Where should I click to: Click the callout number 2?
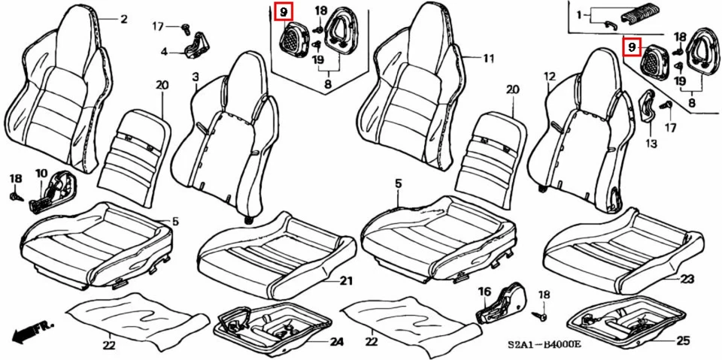pos(123,20)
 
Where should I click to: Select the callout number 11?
pos(489,58)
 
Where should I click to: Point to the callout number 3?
pos(196,77)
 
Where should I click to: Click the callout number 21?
pos(345,282)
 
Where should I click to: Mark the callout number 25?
pos(682,341)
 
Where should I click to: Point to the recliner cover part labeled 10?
pos(53,192)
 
